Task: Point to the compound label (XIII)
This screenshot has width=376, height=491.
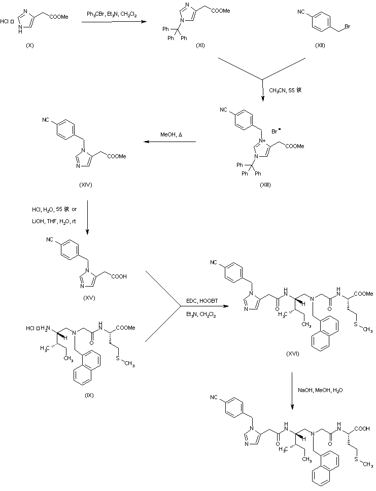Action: pyautogui.click(x=265, y=185)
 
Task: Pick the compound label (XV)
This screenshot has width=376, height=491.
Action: pyautogui.click(x=90, y=298)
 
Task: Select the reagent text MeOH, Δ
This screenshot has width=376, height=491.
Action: pyautogui.click(x=169, y=135)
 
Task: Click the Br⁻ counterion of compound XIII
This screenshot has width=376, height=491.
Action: pyautogui.click(x=277, y=131)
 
